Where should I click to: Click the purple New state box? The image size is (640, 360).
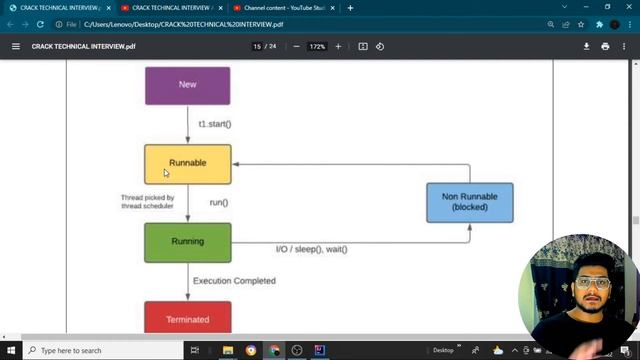[187, 85]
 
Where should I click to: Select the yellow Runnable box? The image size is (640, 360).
[187, 163]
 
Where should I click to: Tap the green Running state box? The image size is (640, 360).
[187, 241]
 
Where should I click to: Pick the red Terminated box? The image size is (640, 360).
[187, 318]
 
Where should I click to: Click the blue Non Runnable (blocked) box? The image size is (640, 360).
[469, 202]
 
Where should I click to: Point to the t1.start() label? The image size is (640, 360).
[215, 124]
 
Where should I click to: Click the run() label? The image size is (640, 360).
[219, 203]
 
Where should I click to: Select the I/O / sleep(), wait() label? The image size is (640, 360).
[312, 249]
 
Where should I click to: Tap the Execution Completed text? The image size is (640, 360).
[234, 281]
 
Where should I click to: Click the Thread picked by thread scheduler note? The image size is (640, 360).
[148, 202]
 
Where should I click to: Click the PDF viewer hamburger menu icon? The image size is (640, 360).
[15, 46]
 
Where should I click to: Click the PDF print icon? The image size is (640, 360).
[605, 46]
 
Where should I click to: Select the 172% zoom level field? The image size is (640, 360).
[317, 46]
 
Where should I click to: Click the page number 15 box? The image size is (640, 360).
[258, 46]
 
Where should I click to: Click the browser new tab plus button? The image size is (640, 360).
[350, 8]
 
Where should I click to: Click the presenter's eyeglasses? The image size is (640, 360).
[594, 283]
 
